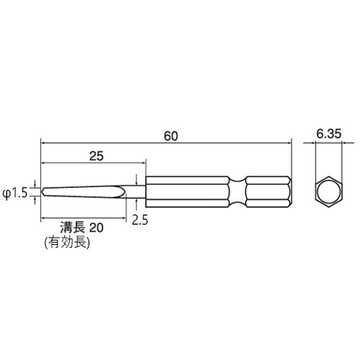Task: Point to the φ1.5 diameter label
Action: [14, 192]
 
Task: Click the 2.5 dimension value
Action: [140, 219]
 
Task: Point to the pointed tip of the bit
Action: [43, 192]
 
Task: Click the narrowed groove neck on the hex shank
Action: [237, 192]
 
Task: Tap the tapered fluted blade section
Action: [86, 192]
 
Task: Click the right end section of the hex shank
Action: [270, 192]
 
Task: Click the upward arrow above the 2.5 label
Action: [137, 202]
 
